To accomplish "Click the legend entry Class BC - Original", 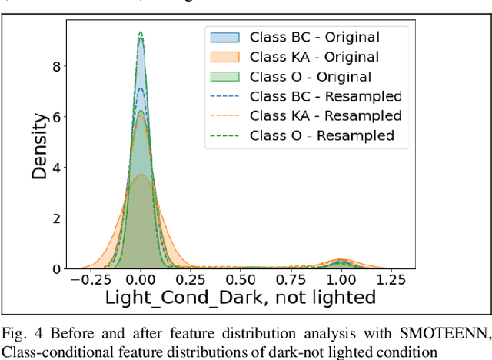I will [x=314, y=36].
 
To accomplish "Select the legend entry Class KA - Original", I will [x=314, y=56].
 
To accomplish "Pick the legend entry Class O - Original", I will [x=311, y=76].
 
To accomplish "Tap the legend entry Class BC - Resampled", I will [x=326, y=96].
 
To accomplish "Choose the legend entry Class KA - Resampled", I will [x=326, y=116].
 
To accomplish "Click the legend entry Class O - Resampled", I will [x=322, y=136].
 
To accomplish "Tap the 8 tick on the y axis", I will [x=57, y=67].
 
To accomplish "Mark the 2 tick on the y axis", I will [x=57, y=218].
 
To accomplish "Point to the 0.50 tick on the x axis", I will [x=241, y=280].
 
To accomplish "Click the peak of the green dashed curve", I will [x=140, y=32].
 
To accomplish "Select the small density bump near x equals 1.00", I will [x=341, y=262].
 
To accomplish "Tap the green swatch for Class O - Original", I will [x=223, y=76].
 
